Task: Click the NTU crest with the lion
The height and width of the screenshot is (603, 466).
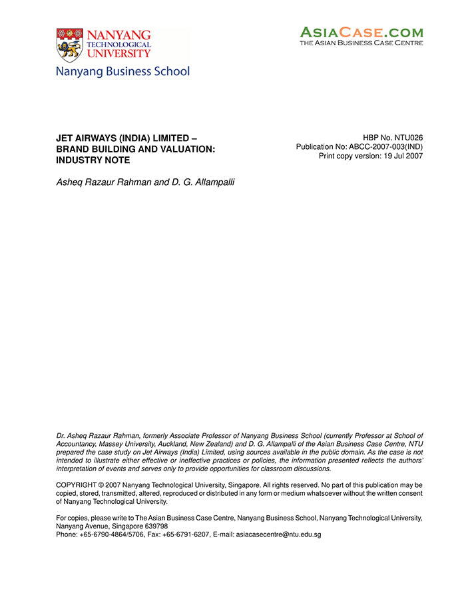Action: pyautogui.click(x=70, y=45)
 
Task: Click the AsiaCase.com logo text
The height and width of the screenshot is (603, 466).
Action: pyautogui.click(x=361, y=31)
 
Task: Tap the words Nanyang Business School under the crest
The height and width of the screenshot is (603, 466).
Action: pyautogui.click(x=123, y=71)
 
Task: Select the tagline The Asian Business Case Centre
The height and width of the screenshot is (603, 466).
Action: pyautogui.click(x=361, y=43)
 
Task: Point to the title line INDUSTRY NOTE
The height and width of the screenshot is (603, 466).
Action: pyautogui.click(x=93, y=160)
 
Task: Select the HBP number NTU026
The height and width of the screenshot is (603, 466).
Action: pyautogui.click(x=407, y=138)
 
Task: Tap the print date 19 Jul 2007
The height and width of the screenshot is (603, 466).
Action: pyautogui.click(x=401, y=156)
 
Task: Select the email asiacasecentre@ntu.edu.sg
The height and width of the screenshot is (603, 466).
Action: pyautogui.click(x=278, y=534)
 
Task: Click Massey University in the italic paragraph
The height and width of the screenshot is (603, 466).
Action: pyautogui.click(x=124, y=443)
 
